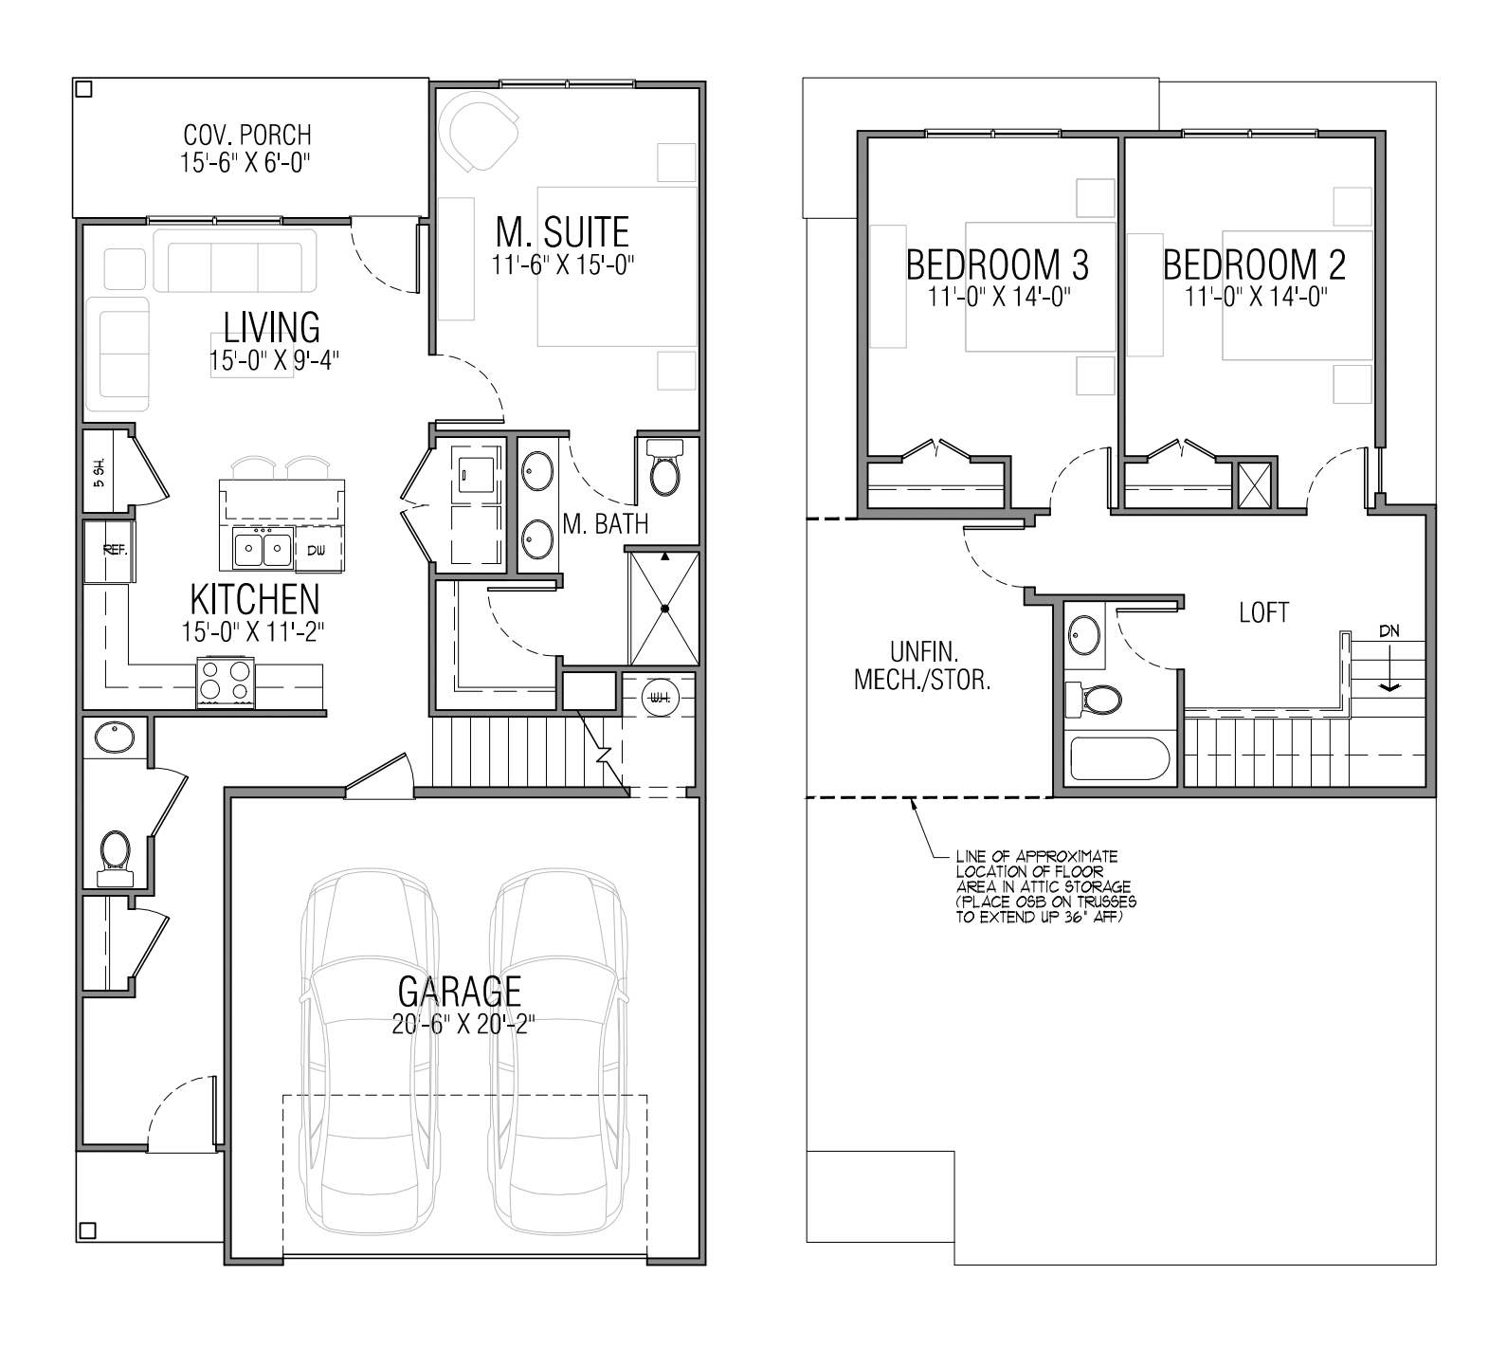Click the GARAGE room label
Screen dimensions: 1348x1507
460,991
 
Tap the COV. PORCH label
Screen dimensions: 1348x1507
247,136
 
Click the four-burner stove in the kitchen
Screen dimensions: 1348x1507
226,680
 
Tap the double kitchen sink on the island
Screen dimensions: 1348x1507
263,550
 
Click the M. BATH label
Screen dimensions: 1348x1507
605,524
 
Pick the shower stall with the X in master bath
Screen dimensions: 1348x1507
664,608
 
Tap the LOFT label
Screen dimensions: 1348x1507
1264,612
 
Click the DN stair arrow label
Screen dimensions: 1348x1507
1389,630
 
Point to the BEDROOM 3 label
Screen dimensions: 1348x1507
997,264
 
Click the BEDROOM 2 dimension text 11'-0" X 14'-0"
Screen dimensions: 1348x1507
1255,298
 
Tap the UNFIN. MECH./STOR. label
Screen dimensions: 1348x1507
923,666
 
